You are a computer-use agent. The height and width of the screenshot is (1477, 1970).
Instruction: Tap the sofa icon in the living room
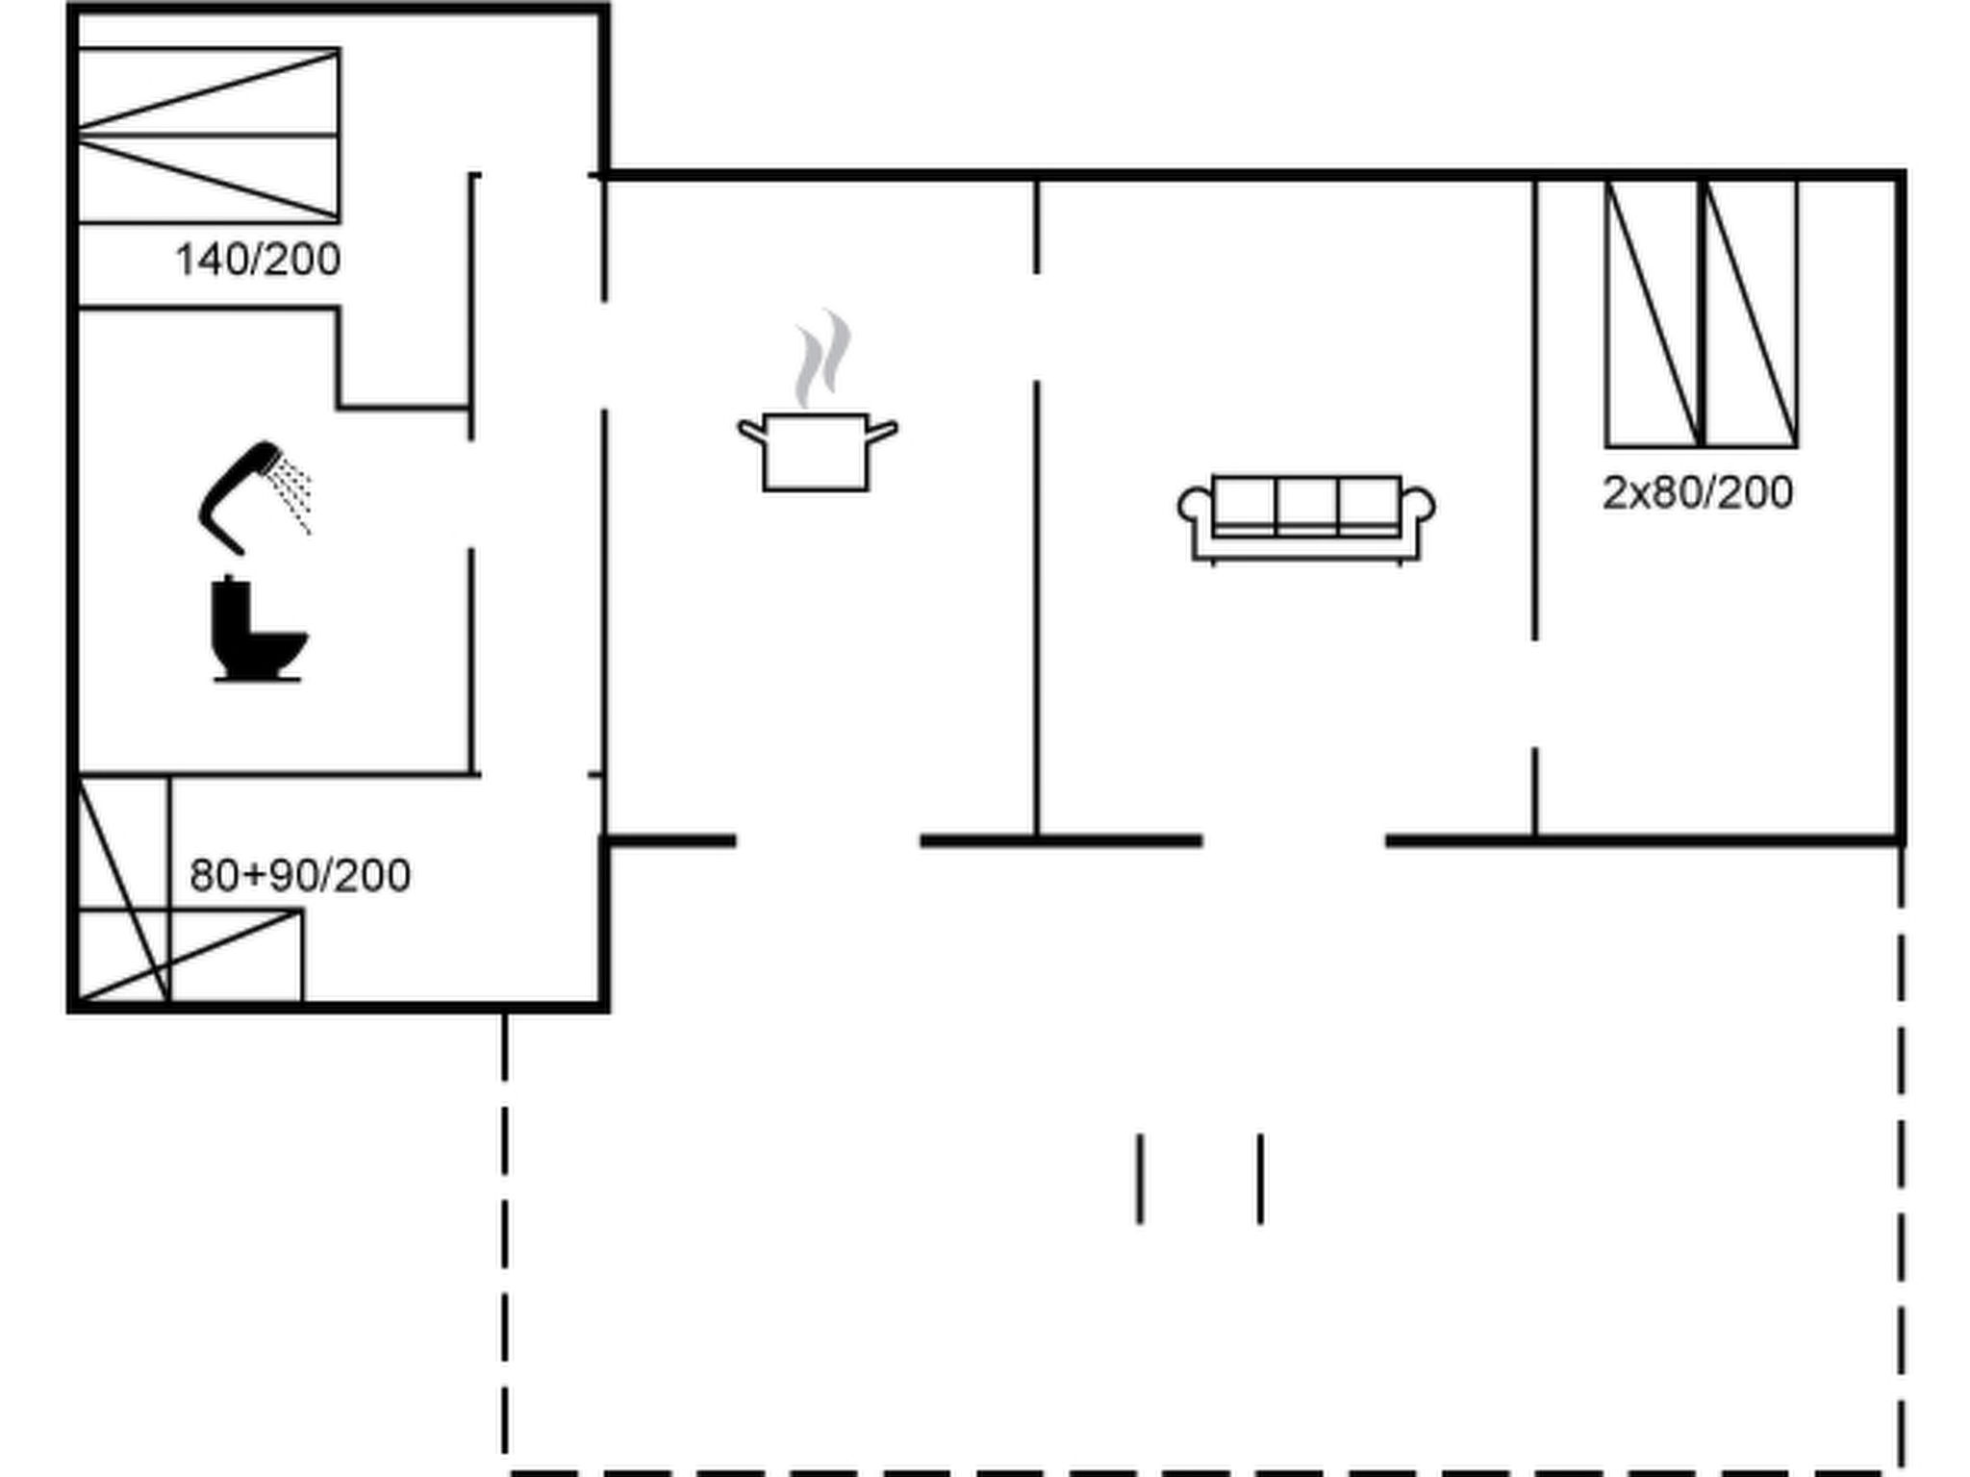[x=1306, y=517]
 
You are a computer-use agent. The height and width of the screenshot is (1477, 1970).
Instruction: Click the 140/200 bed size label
[x=258, y=261]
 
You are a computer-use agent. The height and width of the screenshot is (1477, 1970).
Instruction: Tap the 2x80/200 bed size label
[x=1698, y=493]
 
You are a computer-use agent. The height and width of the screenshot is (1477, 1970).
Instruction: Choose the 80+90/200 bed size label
[x=300, y=876]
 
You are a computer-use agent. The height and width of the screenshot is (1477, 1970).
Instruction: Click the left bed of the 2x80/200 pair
[x=1653, y=313]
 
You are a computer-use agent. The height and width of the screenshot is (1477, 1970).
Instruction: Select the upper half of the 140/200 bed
[x=208, y=92]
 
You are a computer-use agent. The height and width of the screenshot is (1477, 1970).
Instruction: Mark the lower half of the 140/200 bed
[x=208, y=180]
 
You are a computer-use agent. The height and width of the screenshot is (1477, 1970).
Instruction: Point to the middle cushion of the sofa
[x=1306, y=504]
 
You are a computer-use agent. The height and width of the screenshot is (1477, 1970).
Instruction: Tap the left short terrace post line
[x=1140, y=1179]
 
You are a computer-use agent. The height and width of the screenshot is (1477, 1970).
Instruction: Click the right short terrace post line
[x=1260, y=1179]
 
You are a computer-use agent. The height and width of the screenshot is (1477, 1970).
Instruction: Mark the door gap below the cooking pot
[x=828, y=841]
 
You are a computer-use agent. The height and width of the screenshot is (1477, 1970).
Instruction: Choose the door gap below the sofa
[x=1294, y=841]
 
